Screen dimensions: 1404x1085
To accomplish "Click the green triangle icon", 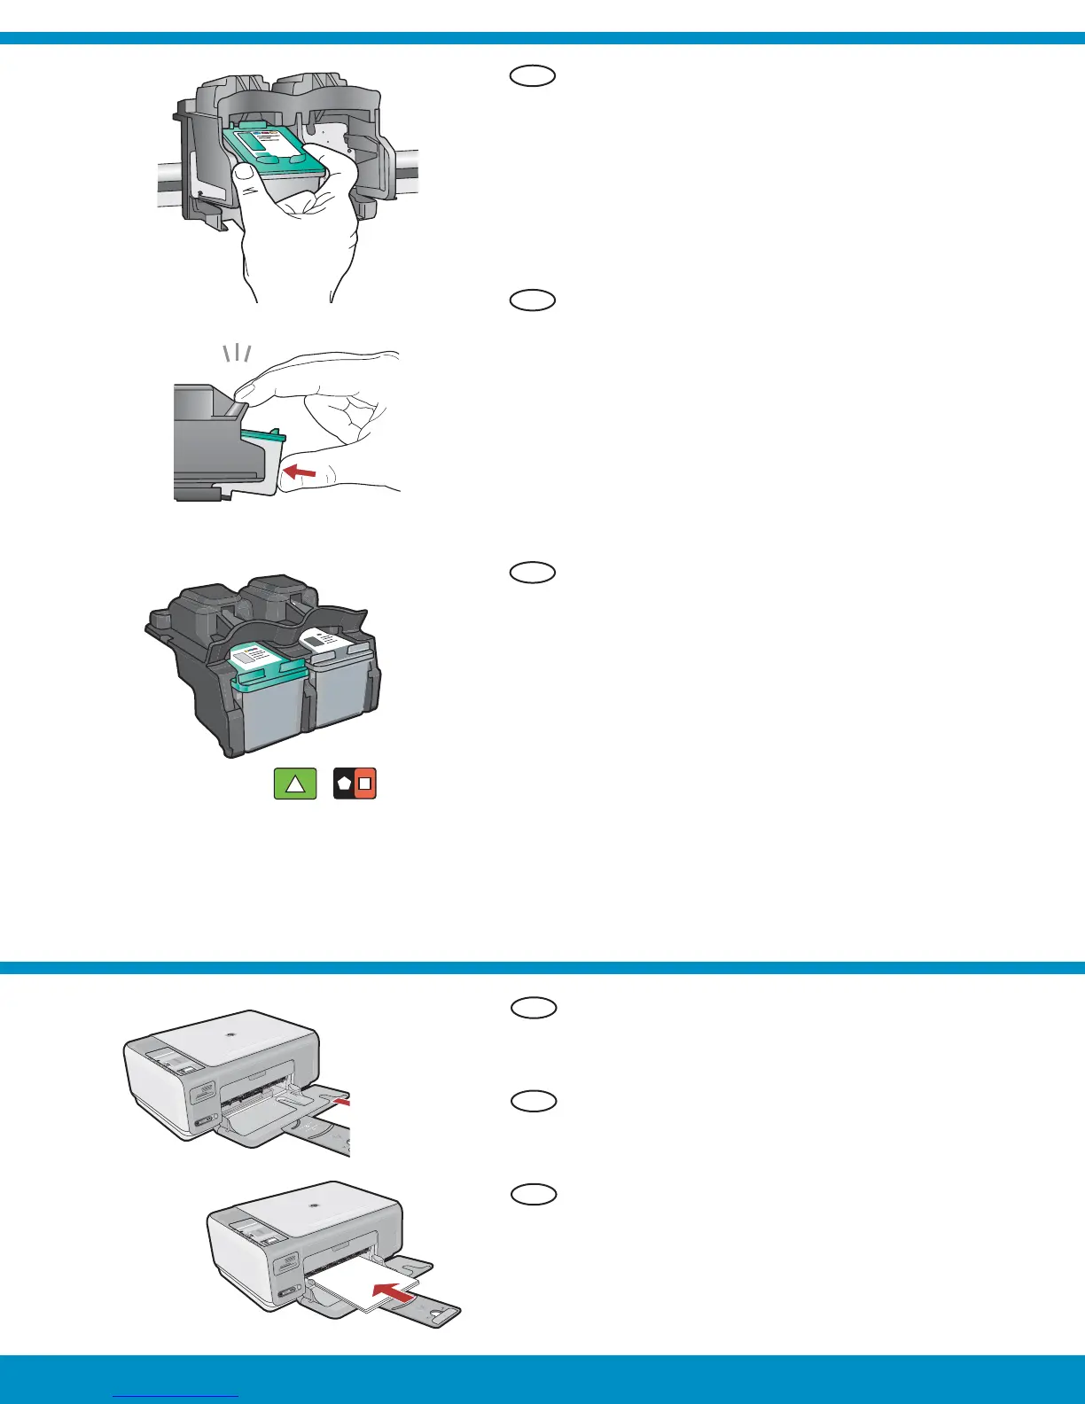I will point(295,784).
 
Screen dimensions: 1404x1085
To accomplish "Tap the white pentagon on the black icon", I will point(344,784).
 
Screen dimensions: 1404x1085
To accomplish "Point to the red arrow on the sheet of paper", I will point(393,1291).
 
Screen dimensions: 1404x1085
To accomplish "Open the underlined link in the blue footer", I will point(177,1396).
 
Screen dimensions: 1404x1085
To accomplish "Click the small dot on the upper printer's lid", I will point(230,1033).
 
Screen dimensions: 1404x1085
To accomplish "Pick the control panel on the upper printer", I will point(170,1060).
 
